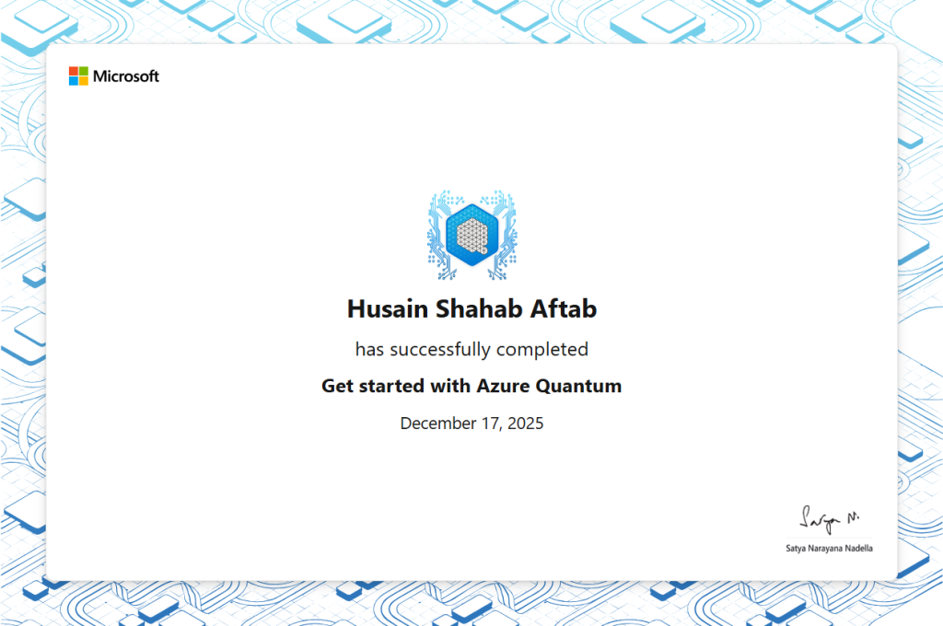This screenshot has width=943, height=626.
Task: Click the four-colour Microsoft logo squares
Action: pos(78,76)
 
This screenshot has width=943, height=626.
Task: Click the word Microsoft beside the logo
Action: pos(126,76)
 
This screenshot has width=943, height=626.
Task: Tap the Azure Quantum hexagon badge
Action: pos(472,235)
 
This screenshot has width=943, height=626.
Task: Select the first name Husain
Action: pos(388,309)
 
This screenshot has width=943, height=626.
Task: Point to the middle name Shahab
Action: pos(479,309)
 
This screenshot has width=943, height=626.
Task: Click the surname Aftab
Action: pos(564,309)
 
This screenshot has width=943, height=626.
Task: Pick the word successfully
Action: pos(440,350)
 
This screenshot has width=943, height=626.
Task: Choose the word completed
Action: pos(542,350)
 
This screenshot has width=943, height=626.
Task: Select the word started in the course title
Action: pos(391,386)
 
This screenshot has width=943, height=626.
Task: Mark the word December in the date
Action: pos(437,423)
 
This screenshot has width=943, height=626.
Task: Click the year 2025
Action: pos(526,423)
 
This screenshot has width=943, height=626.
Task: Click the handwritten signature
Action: pos(830,519)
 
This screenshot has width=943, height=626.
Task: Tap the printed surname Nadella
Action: pos(859,549)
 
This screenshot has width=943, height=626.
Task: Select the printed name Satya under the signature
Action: pos(796,549)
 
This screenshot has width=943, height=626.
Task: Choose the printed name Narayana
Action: pos(825,549)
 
